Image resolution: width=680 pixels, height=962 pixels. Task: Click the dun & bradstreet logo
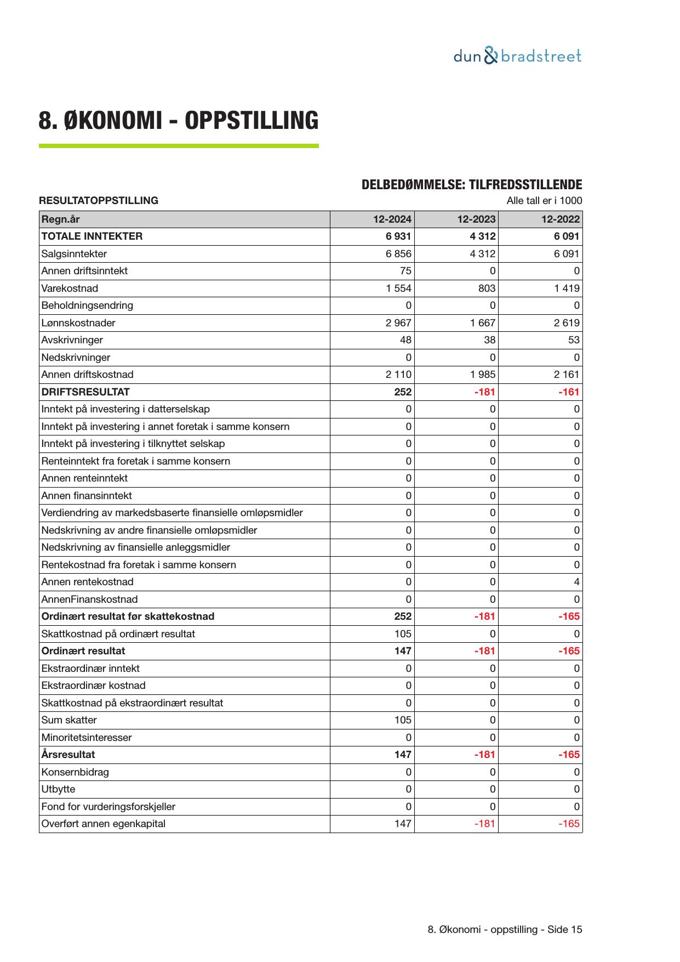(x=517, y=56)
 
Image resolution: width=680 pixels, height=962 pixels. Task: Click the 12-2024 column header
(x=392, y=219)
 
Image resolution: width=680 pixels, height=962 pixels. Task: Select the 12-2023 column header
(x=476, y=219)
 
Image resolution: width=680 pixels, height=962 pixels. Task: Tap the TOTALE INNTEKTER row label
(x=92, y=236)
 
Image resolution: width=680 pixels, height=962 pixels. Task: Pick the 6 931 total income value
(x=398, y=236)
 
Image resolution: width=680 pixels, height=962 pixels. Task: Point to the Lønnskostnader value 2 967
(x=398, y=323)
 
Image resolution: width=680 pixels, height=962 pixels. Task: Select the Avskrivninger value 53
(x=573, y=340)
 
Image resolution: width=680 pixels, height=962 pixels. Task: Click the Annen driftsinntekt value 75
(x=405, y=271)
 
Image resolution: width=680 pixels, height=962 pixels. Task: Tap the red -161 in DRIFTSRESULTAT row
(x=569, y=392)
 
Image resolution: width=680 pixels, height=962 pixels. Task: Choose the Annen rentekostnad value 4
(x=576, y=582)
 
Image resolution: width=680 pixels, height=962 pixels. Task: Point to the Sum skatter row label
(x=69, y=720)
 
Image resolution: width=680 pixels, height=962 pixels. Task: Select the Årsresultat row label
(x=68, y=755)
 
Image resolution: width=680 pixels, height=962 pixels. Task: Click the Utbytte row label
(x=58, y=789)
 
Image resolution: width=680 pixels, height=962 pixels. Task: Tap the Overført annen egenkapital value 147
(x=403, y=824)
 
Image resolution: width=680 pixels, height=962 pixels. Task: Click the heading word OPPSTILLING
(x=251, y=120)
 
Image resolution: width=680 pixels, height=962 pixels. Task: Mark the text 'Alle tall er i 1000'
(x=544, y=201)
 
